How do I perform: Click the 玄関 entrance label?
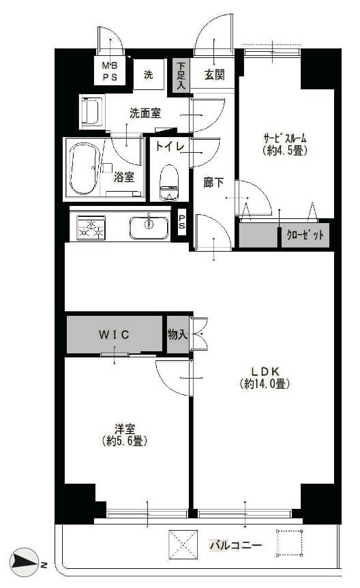pyautogui.click(x=215, y=75)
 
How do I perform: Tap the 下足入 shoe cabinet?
pyautogui.click(x=181, y=76)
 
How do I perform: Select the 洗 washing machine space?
pyautogui.click(x=149, y=74)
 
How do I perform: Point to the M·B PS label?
pyautogui.click(x=110, y=71)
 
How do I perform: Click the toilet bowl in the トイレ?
pyautogui.click(x=169, y=183)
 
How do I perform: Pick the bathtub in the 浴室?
pyautogui.click(x=85, y=169)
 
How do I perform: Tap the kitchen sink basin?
pyautogui.click(x=149, y=227)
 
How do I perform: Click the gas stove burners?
pyautogui.click(x=91, y=228)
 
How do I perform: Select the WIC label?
pyautogui.click(x=114, y=334)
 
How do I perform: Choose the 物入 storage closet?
pyautogui.click(x=178, y=334)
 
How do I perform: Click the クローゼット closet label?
pyautogui.click(x=305, y=235)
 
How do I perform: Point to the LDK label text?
pyautogui.click(x=265, y=371)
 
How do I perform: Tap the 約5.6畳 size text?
pyautogui.click(x=125, y=441)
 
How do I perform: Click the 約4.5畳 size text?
pyautogui.click(x=285, y=151)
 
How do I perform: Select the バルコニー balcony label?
pyautogui.click(x=235, y=545)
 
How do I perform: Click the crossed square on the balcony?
pyautogui.click(x=183, y=544)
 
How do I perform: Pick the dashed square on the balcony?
pyautogui.click(x=290, y=542)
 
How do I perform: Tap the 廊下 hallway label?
pyautogui.click(x=213, y=183)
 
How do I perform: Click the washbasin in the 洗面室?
pyautogui.click(x=92, y=111)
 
